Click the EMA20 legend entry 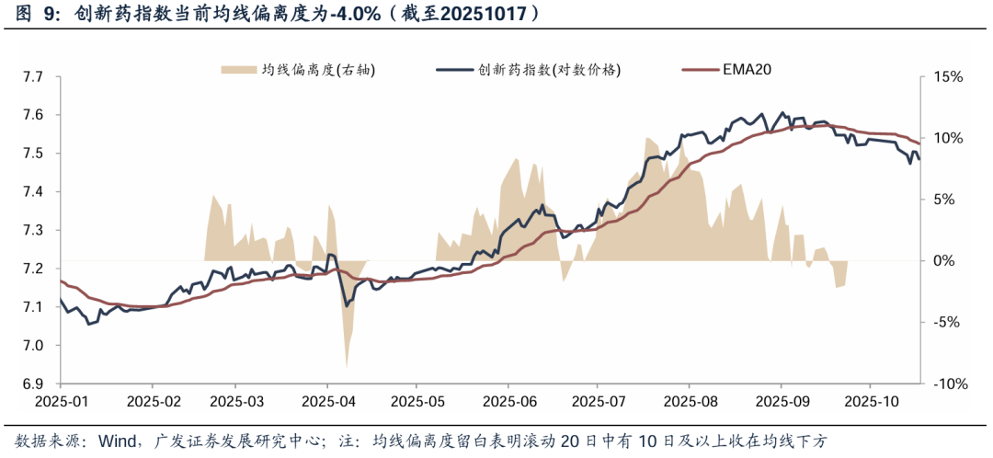coord(744,70)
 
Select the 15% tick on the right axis coord(946,77)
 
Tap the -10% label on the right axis coord(947,384)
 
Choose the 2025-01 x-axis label coord(61,402)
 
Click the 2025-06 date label coord(509,402)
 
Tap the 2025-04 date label coord(329,402)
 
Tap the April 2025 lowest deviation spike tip coord(347,367)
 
